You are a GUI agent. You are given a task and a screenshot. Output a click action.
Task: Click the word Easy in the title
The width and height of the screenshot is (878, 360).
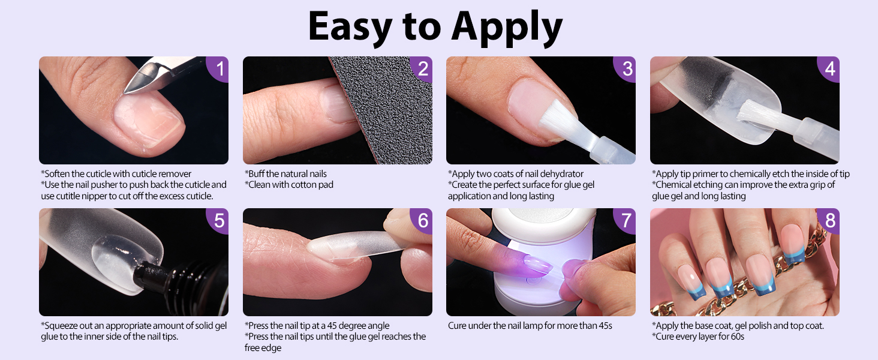point(350,26)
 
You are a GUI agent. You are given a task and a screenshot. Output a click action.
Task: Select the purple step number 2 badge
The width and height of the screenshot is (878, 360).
point(422,68)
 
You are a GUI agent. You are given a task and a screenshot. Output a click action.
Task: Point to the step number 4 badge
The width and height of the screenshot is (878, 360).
point(829,68)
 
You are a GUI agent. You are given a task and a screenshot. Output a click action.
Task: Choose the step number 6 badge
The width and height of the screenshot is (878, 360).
point(422,220)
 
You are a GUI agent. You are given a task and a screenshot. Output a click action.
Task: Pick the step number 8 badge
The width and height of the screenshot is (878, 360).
point(829,220)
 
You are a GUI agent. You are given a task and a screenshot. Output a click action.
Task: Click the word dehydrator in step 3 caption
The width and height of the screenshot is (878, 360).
point(562,174)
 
